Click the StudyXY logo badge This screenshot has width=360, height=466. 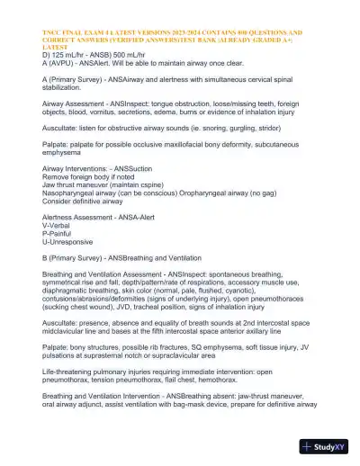click(x=328, y=445)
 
